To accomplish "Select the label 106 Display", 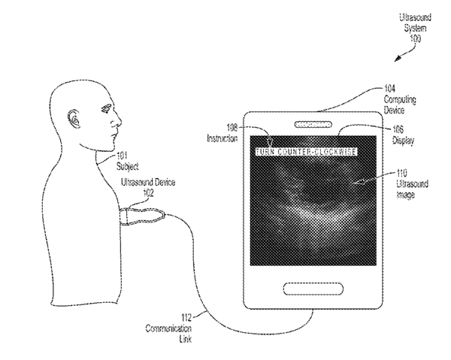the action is coord(395,134).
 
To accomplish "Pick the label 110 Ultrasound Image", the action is coord(411,185).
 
